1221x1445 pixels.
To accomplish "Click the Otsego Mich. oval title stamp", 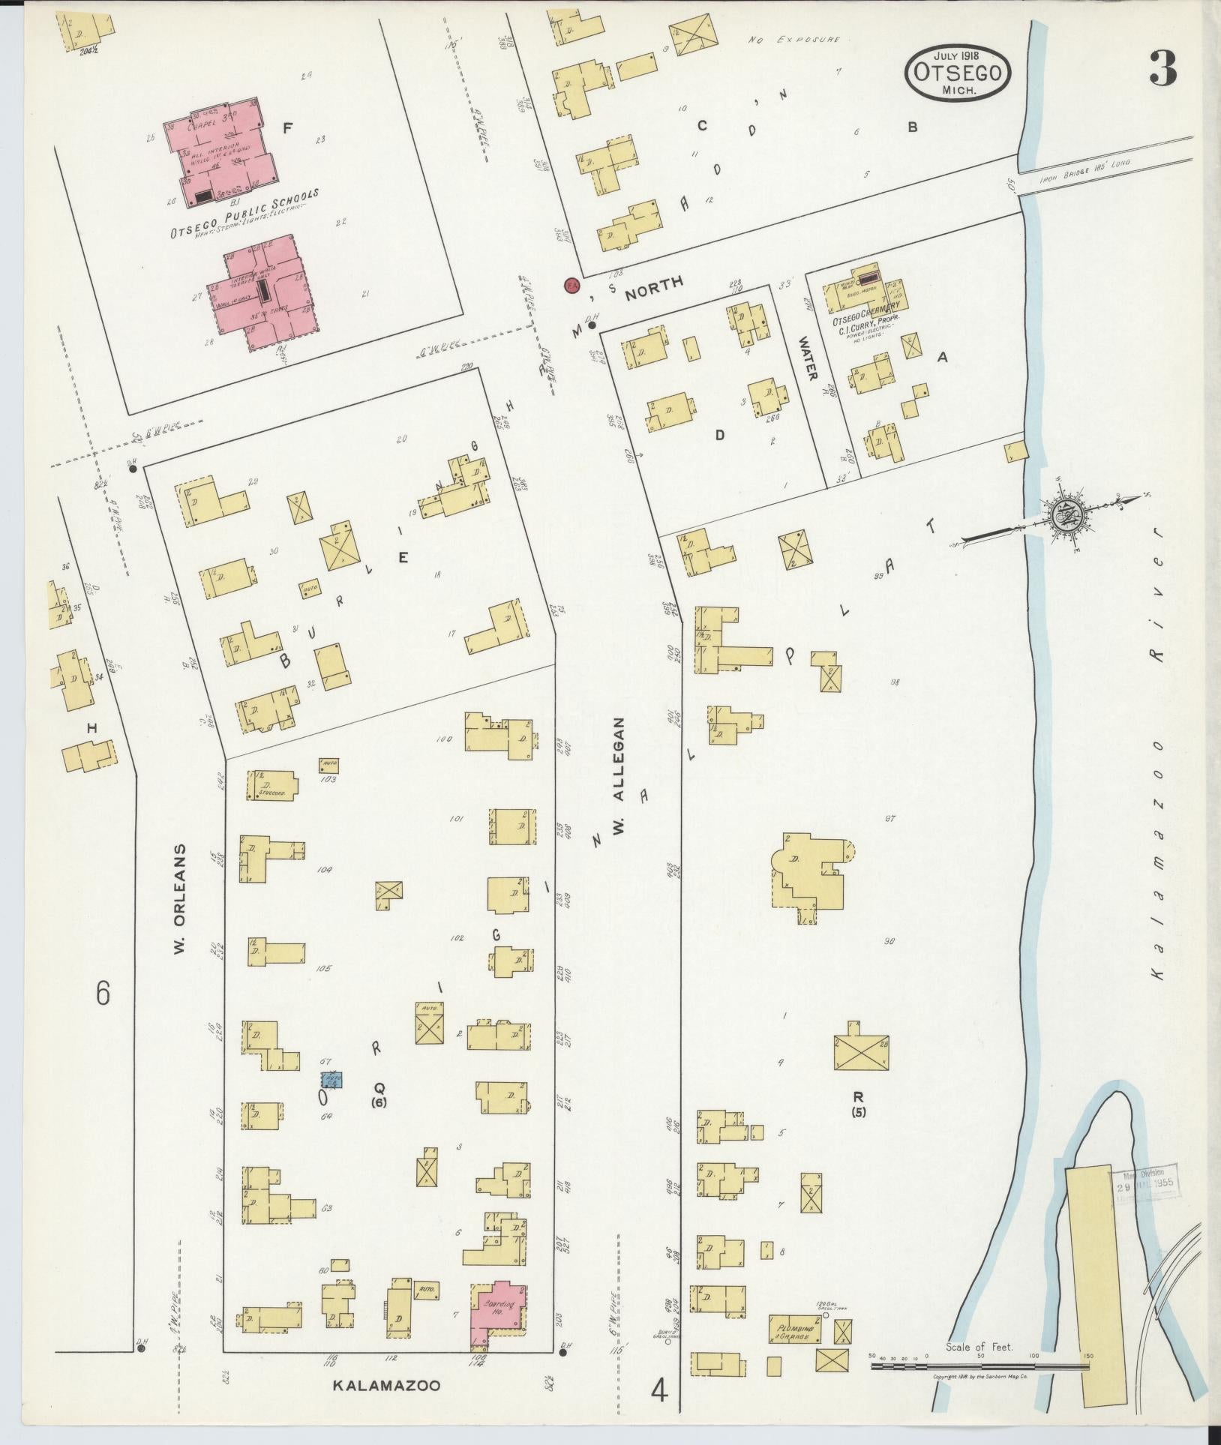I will click(958, 73).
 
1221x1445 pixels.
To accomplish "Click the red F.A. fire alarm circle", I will click(572, 286).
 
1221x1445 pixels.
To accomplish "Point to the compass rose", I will click(1064, 515).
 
